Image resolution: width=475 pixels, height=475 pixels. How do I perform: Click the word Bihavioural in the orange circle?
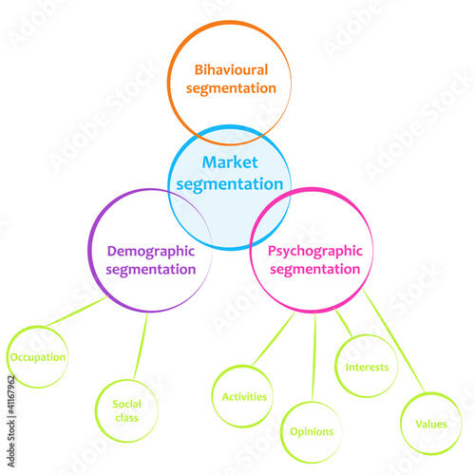click(231, 70)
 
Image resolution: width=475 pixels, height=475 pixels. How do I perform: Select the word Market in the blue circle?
click(230, 162)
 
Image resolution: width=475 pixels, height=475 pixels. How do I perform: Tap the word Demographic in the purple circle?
click(151, 252)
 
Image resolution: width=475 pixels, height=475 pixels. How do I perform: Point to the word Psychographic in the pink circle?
click(315, 252)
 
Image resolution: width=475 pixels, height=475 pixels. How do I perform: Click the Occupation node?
click(37, 357)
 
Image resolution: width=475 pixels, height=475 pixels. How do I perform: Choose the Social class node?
click(126, 410)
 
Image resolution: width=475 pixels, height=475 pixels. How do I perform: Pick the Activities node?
click(243, 396)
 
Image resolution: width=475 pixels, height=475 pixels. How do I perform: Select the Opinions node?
click(312, 432)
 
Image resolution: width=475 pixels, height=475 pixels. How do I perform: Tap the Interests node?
click(367, 366)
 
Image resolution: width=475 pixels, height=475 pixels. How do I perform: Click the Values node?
click(431, 424)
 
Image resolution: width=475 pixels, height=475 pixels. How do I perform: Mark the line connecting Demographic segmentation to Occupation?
click(77, 311)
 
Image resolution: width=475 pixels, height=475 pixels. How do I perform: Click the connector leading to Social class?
click(141, 346)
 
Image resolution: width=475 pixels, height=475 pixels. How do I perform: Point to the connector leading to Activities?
click(274, 339)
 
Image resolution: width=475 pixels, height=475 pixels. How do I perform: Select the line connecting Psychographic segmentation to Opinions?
click(313, 357)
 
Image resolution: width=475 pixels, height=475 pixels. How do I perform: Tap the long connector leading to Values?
click(393, 340)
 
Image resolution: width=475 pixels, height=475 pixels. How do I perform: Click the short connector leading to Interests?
click(344, 322)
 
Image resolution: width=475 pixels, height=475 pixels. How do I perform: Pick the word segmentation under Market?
click(230, 184)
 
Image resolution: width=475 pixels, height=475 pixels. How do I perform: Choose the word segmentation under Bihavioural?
click(231, 88)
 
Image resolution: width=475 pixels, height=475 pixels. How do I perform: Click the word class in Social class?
click(126, 418)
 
